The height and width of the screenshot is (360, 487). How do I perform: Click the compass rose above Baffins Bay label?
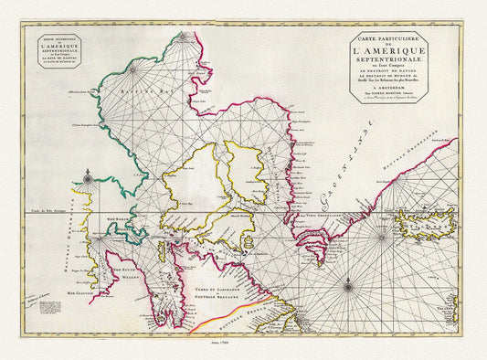click(133, 67)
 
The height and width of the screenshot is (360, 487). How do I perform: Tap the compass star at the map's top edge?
click(185, 36)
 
